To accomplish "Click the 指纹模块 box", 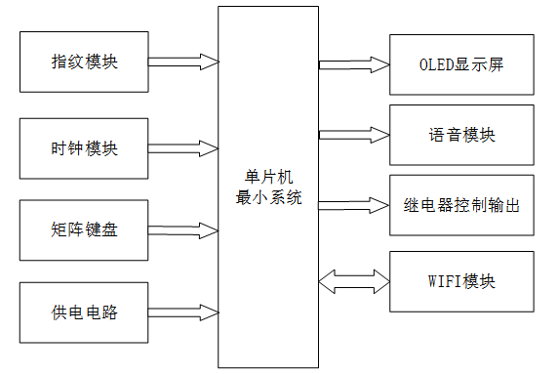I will [84, 62].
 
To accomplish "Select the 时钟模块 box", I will [84, 148].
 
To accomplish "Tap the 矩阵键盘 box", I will [84, 230].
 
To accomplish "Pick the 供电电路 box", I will [84, 313].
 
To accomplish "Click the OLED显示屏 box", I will [462, 64].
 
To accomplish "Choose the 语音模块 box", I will [462, 134].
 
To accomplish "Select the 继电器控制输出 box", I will [462, 205].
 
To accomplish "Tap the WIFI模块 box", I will [462, 282].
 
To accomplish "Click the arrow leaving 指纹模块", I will [183, 62].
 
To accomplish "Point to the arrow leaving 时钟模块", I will [183, 148].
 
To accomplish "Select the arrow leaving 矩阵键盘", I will [183, 230].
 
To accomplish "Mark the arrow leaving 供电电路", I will [183, 313].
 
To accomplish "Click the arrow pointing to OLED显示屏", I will [353, 64].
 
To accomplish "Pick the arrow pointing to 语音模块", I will [353, 134].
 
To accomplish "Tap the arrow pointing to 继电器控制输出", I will [353, 205].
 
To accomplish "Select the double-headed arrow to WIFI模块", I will [353, 282].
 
